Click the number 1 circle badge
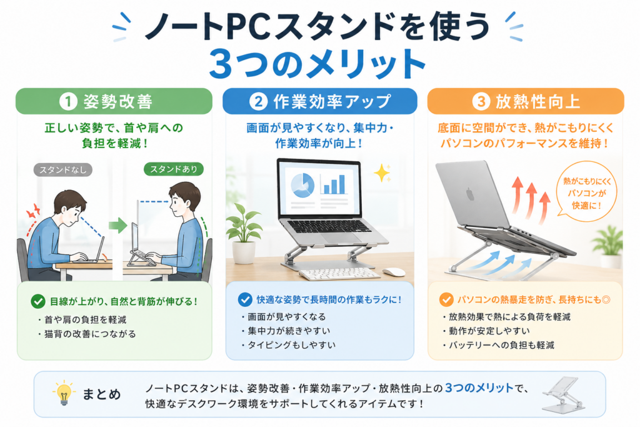click(68, 101)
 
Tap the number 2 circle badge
click(258, 101)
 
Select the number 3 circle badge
click(481, 101)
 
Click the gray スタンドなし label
click(63, 170)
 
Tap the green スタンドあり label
click(174, 169)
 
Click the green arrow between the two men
click(118, 225)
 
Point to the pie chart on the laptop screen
click(302, 184)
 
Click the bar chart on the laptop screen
click(334, 184)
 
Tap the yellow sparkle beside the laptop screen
click(382, 173)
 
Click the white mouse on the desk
click(394, 272)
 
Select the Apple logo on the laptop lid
click(470, 194)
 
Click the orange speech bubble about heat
click(586, 192)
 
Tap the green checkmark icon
click(38, 302)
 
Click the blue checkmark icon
click(245, 299)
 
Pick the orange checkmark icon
click(446, 299)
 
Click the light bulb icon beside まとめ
click(64, 393)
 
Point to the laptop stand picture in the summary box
click(564, 394)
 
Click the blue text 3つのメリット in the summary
click(479, 388)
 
